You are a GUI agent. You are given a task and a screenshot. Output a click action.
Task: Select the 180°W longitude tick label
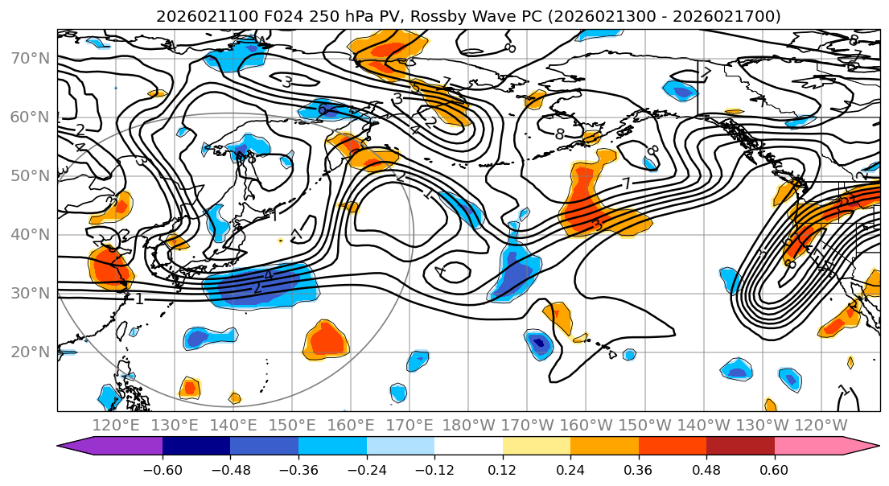pyautogui.click(x=468, y=425)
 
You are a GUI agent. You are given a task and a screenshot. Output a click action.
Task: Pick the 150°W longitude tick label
pyautogui.click(x=644, y=425)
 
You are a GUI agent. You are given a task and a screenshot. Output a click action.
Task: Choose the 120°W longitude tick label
pyautogui.click(x=821, y=425)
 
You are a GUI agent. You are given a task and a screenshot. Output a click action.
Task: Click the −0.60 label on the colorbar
pyautogui.click(x=162, y=471)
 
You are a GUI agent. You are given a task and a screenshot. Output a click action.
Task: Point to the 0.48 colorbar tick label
pyautogui.click(x=706, y=471)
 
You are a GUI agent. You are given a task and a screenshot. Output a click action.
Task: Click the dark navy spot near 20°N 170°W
pyautogui.click(x=539, y=344)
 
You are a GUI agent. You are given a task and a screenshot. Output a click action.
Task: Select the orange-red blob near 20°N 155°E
pyautogui.click(x=327, y=340)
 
